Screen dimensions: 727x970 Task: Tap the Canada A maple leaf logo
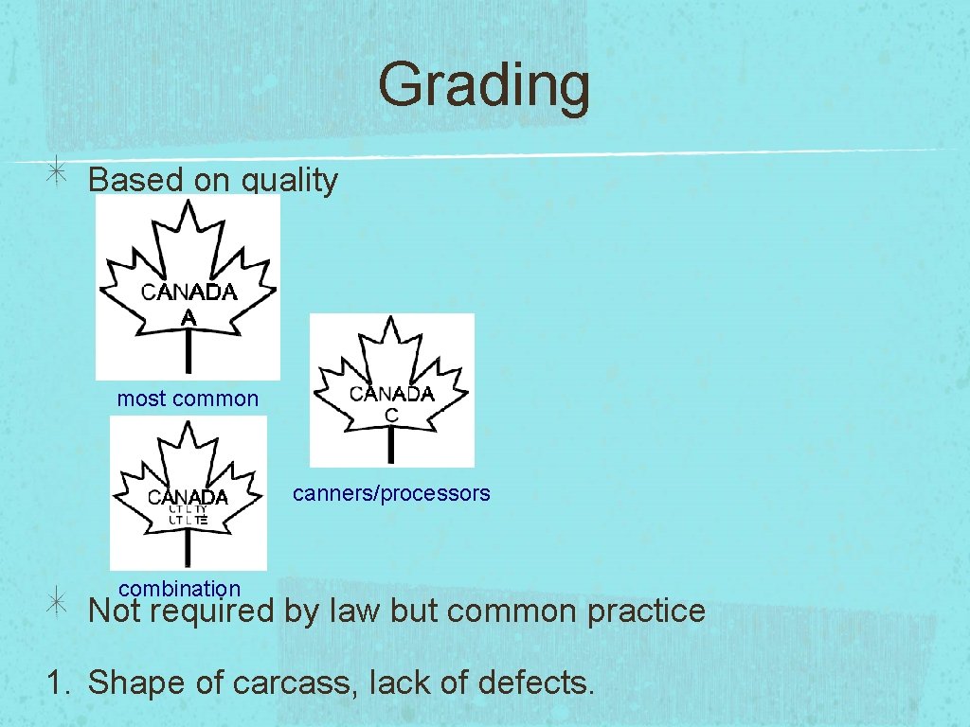point(189,287)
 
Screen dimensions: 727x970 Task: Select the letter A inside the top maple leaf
point(189,317)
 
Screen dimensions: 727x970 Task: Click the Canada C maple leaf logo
point(391,390)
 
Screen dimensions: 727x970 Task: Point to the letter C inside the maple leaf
point(391,416)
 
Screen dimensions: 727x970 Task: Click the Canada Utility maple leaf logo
point(188,493)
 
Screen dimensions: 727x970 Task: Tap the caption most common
point(188,399)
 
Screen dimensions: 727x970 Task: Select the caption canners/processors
point(391,493)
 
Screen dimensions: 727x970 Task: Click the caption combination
point(179,589)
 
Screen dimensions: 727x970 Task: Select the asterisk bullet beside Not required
point(58,605)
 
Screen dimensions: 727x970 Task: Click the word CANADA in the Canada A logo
point(189,293)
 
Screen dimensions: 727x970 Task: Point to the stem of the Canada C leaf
point(391,444)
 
